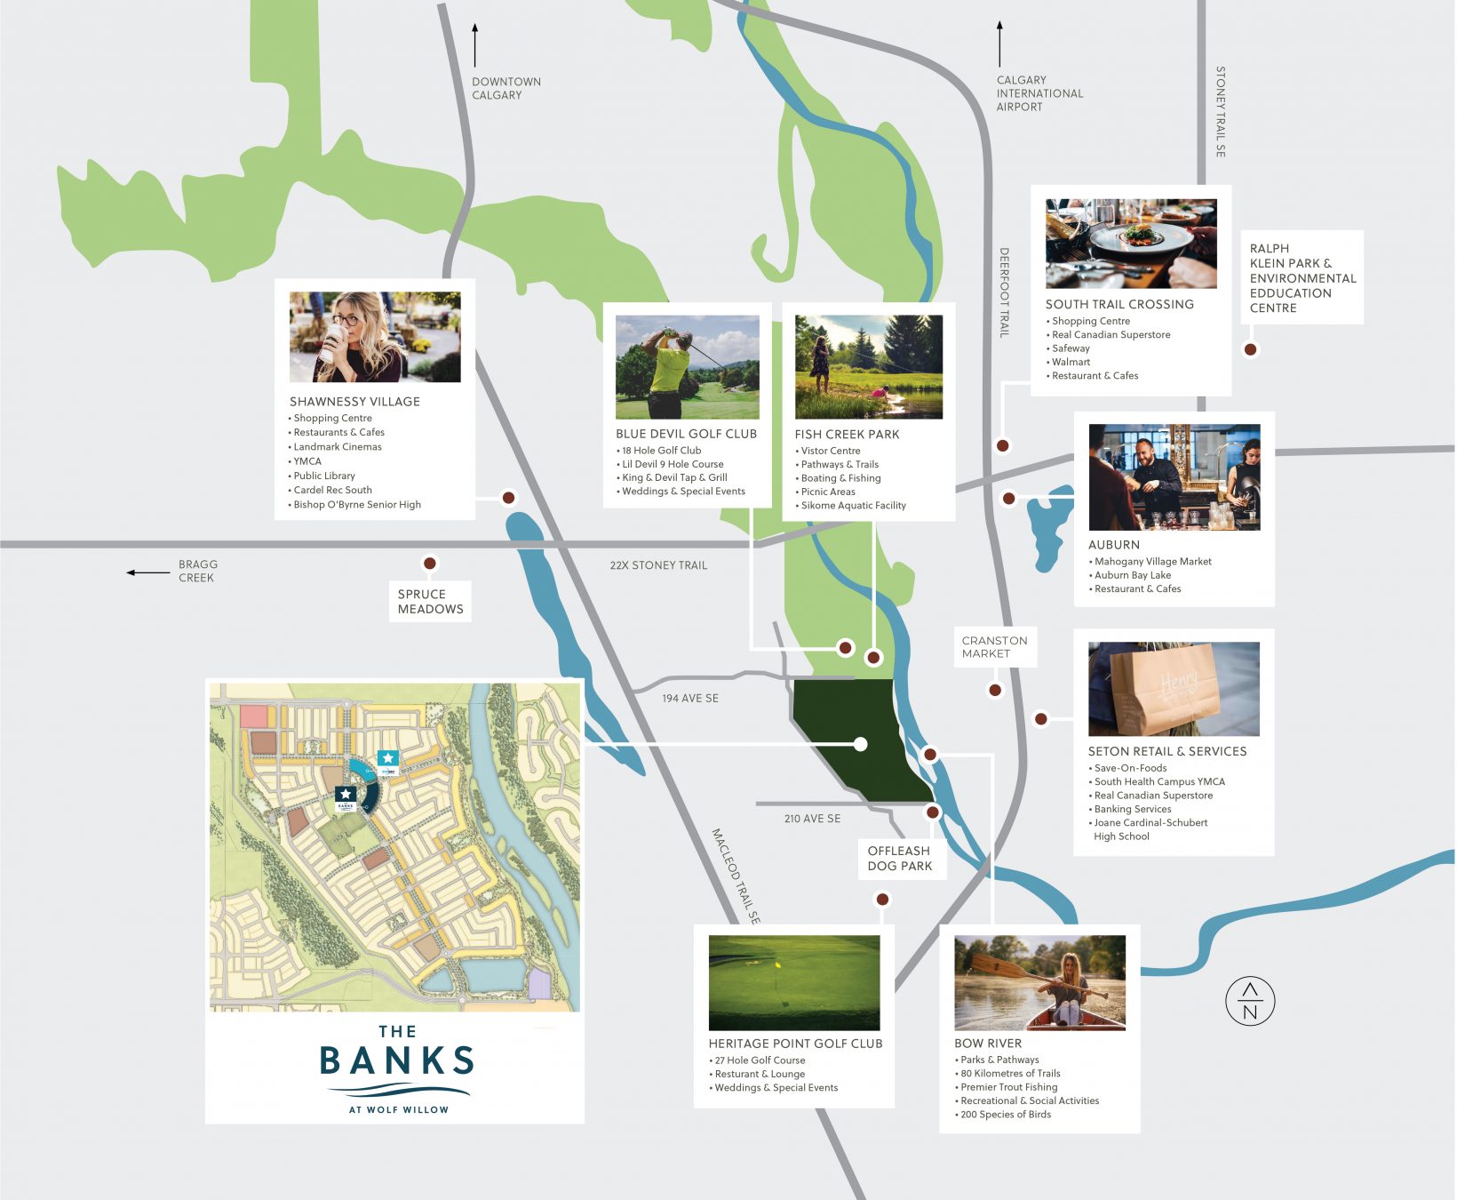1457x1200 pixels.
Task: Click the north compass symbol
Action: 1250,1001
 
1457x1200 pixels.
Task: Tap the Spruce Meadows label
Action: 430,602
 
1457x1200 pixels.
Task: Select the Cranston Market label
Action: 994,647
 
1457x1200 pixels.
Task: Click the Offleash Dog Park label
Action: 900,859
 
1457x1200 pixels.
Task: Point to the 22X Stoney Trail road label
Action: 658,565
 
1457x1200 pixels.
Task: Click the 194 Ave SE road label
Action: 690,699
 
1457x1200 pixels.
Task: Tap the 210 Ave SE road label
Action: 812,819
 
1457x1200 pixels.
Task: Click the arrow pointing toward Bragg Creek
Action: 147,572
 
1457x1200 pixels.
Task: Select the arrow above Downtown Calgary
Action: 475,45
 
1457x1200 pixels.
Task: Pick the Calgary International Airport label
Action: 1039,93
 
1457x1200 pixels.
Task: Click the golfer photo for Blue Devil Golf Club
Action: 687,366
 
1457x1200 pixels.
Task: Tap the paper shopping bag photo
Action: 1173,689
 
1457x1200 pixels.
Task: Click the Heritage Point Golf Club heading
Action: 795,1044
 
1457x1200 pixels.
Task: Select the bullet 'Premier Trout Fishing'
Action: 1008,1087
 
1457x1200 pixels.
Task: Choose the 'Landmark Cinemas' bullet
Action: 338,447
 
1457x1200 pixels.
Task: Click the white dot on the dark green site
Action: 860,744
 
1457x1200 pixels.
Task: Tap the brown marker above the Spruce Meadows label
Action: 430,564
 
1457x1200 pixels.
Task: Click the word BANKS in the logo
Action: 396,1061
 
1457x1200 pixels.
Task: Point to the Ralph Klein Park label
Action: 1302,278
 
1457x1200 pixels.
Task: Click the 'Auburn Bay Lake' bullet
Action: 1133,575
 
